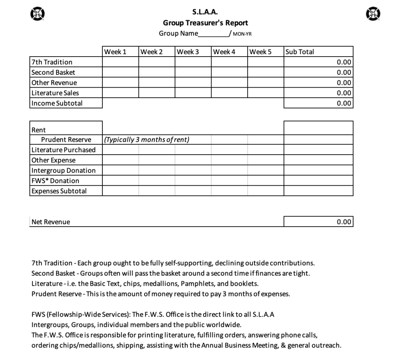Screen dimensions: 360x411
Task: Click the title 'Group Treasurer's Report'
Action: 205,23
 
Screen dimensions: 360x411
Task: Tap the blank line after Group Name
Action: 213,34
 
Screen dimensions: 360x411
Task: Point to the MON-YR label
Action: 242,34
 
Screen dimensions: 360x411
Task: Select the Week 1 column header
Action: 115,52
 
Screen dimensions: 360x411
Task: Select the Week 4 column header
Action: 224,52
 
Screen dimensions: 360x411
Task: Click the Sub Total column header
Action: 299,52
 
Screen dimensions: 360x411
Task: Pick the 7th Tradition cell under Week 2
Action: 157,62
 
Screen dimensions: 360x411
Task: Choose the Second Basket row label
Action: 53,72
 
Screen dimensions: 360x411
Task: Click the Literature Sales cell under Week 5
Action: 265,93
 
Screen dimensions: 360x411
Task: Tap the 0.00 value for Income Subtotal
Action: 344,103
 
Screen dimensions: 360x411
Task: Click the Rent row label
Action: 39,130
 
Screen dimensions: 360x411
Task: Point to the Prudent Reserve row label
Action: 66,140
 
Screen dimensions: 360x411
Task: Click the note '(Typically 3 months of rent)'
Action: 146,140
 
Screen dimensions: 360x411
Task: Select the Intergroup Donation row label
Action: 63,170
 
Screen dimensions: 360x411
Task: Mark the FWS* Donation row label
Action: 55,181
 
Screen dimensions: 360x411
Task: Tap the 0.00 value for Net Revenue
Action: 344,222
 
